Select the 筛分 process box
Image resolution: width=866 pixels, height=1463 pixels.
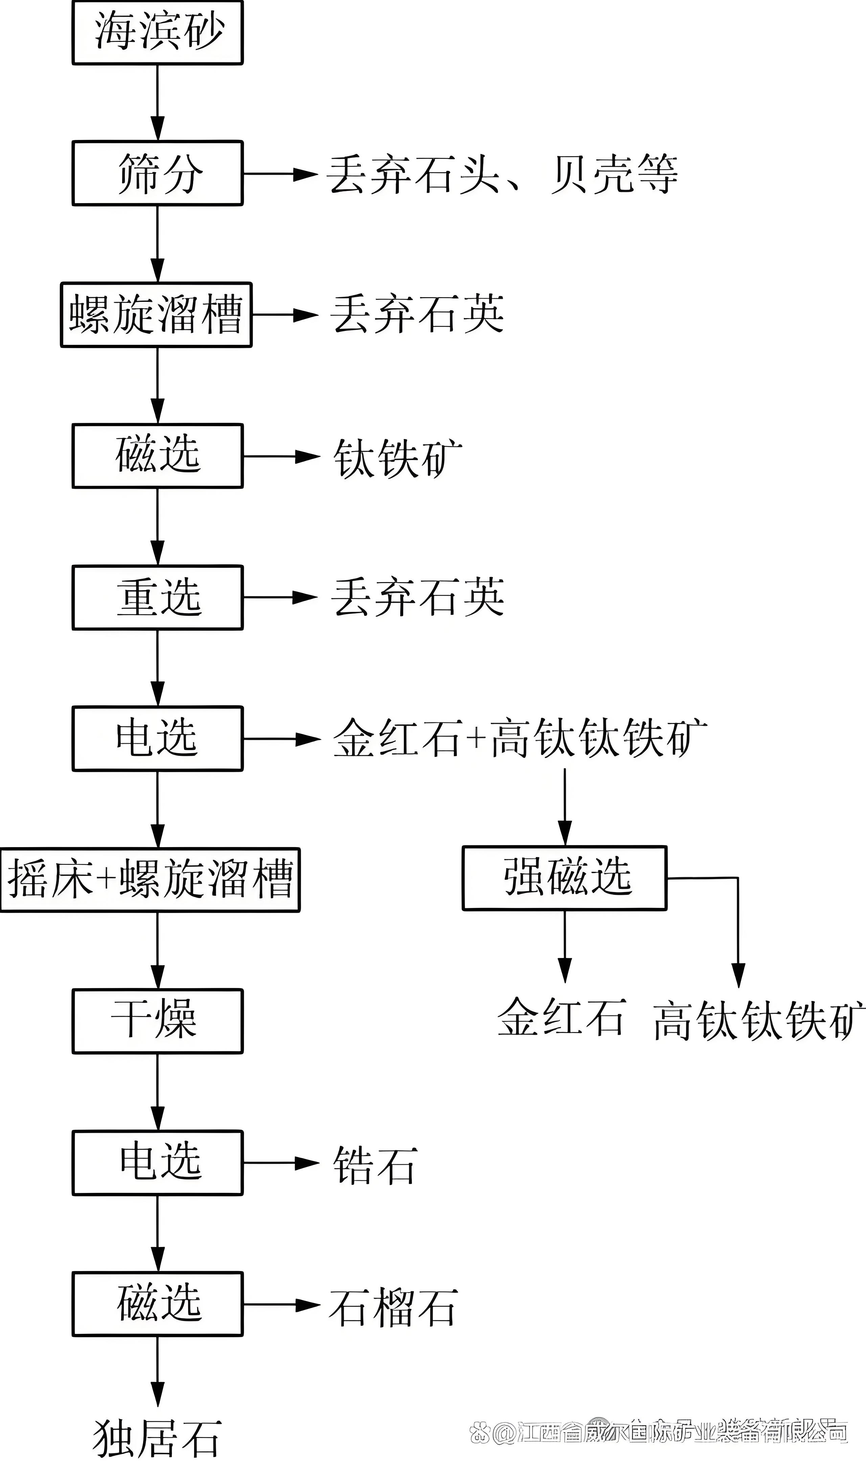(158, 173)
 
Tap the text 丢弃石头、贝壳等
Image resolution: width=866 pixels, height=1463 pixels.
(502, 174)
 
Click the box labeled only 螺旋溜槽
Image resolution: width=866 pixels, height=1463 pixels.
(156, 315)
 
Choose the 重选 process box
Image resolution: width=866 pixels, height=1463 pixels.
(158, 598)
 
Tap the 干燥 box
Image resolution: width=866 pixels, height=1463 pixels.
(158, 1021)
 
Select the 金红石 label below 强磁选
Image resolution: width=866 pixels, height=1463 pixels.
(562, 1017)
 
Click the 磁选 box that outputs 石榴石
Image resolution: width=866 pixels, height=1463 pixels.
(158, 1304)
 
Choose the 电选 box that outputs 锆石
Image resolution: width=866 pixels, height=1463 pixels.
(158, 1163)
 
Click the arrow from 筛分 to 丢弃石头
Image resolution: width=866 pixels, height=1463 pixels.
(280, 174)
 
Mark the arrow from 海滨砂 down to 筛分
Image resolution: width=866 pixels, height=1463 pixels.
(158, 102)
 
